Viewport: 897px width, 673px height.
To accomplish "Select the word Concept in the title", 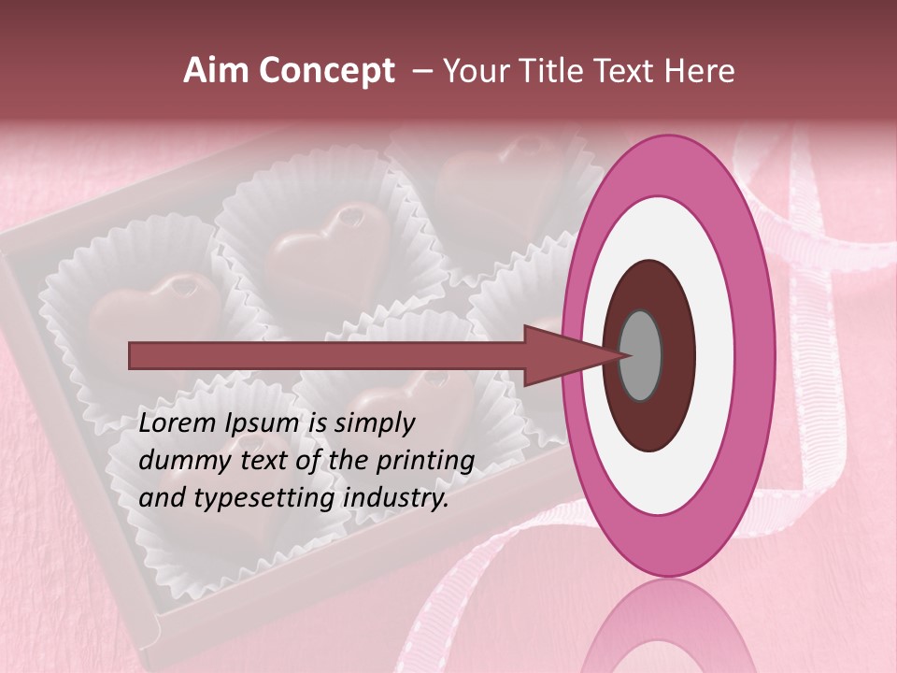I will [x=327, y=71].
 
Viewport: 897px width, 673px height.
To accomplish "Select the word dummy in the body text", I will [x=178, y=461].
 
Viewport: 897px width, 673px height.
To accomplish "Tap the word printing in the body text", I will [x=425, y=461].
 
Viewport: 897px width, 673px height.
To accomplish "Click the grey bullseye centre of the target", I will [x=641, y=355].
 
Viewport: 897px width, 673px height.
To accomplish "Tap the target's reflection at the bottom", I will [x=668, y=631].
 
